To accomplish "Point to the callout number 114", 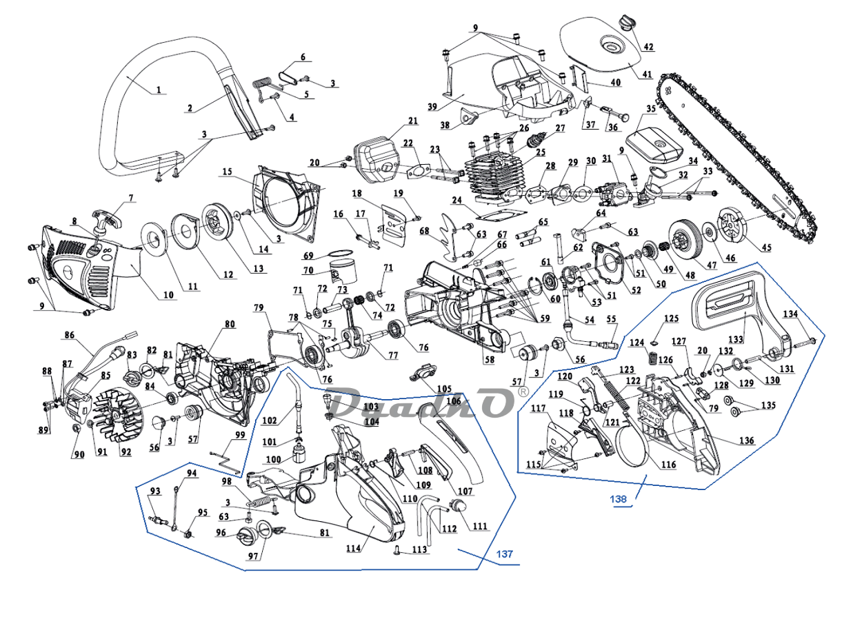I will click(354, 549).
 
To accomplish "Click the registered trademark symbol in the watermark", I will click(523, 391).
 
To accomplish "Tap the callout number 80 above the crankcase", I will click(230, 323).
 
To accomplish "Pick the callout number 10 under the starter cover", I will click(168, 295).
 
